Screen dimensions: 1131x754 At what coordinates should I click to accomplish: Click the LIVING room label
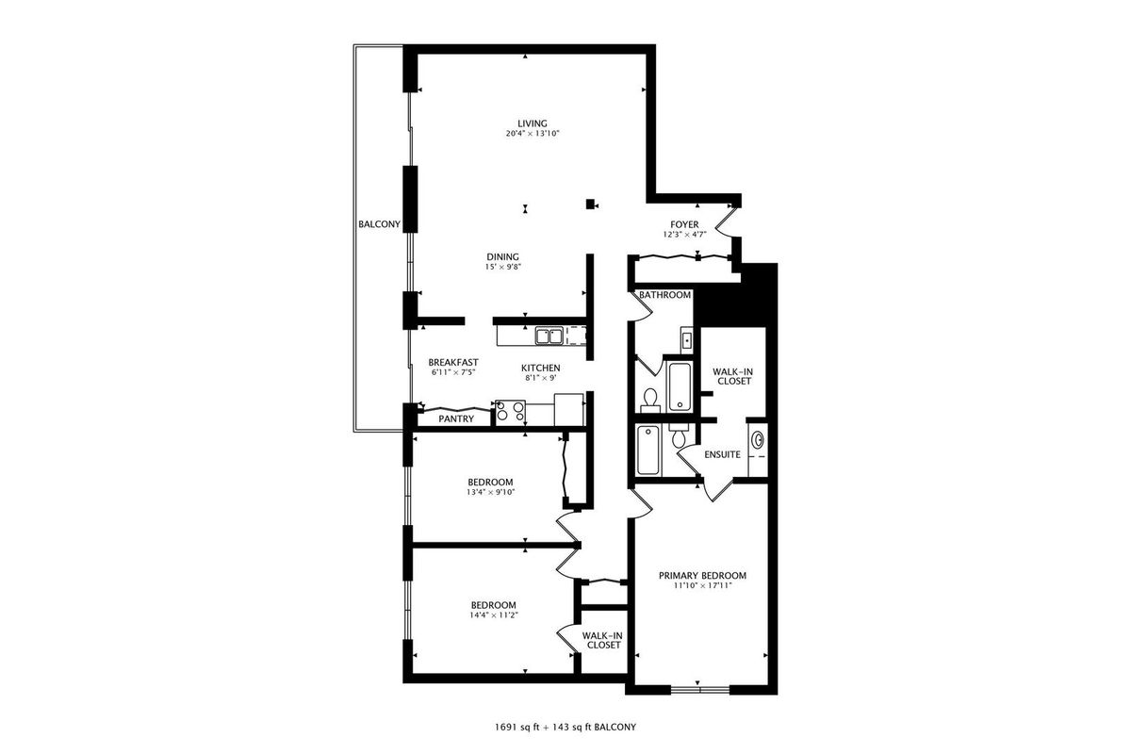[533, 123]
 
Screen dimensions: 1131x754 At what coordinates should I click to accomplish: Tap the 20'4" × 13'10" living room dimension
[533, 134]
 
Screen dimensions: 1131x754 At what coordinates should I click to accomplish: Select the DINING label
[502, 256]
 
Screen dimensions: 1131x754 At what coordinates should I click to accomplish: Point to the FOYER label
[684, 224]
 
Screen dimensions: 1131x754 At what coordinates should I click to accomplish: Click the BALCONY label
[379, 223]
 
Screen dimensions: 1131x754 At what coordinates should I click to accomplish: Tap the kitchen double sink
[549, 336]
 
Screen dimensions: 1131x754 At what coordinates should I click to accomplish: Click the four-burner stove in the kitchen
[511, 412]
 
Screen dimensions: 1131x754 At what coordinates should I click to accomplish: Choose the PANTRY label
[456, 418]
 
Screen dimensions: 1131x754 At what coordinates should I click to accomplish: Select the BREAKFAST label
[453, 362]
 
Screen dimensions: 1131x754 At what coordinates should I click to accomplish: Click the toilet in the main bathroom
[649, 399]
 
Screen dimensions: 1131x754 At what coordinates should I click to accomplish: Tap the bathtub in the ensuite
[647, 451]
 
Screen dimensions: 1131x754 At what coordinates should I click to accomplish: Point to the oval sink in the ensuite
[758, 440]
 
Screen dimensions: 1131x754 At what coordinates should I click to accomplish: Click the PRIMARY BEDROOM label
[702, 575]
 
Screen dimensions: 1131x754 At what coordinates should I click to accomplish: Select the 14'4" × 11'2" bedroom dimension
[494, 615]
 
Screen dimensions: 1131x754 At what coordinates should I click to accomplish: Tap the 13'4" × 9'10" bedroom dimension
[490, 492]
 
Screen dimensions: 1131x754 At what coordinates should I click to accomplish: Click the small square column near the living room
[590, 204]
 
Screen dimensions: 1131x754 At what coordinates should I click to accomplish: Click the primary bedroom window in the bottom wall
[699, 689]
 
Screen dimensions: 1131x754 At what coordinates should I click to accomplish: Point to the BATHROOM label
[664, 295]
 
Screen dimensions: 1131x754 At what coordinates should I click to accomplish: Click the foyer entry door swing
[726, 222]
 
